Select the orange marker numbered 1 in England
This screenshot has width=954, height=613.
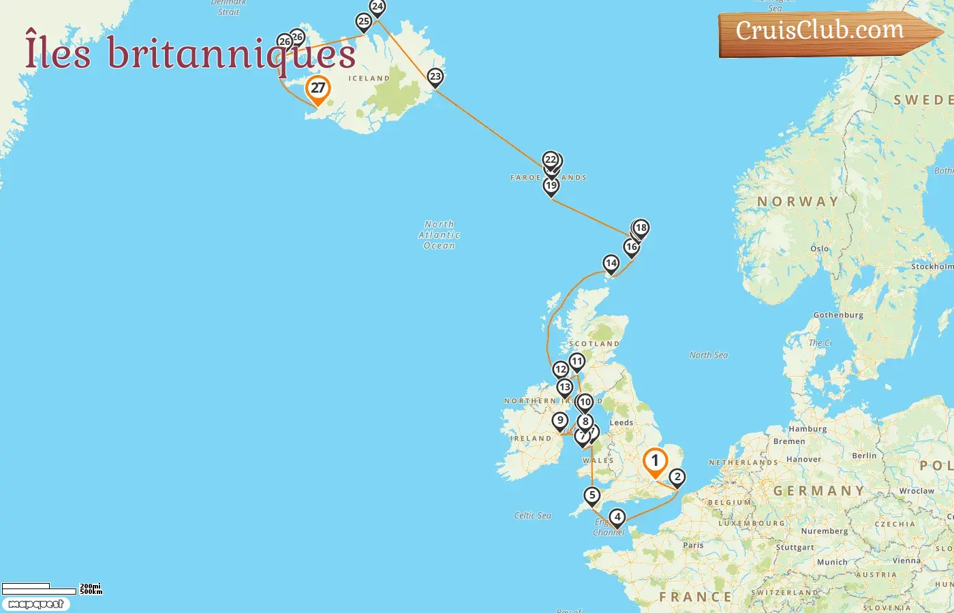(x=655, y=462)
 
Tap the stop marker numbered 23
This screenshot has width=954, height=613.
(x=435, y=77)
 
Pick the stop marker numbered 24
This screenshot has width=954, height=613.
(x=377, y=7)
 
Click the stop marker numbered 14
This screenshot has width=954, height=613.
(x=611, y=264)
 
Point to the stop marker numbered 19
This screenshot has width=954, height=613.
(x=551, y=186)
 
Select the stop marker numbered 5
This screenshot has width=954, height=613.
(x=591, y=496)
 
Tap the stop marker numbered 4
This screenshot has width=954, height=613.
(x=617, y=518)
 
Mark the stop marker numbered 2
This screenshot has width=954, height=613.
(x=677, y=477)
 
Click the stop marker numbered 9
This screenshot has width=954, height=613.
(x=560, y=421)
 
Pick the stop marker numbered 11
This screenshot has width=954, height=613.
(x=577, y=362)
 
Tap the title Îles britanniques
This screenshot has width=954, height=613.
(x=190, y=53)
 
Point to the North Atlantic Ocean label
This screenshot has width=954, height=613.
(x=440, y=235)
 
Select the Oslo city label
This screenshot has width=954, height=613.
(x=820, y=249)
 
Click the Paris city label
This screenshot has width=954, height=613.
(x=693, y=545)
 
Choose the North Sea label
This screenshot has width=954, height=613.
(x=709, y=355)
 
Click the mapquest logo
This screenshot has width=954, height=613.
(x=36, y=604)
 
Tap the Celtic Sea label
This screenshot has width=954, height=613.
(x=533, y=516)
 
